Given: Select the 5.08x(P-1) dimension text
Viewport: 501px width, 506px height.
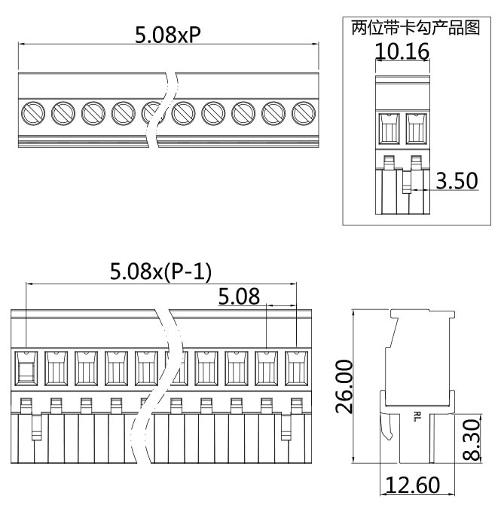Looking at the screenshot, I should click(x=160, y=271).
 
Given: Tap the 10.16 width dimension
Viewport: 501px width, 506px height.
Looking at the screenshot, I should click(x=402, y=52).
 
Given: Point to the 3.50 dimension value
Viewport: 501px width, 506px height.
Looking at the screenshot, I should click(x=456, y=181).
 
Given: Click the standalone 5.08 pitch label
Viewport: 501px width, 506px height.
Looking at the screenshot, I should click(x=239, y=296).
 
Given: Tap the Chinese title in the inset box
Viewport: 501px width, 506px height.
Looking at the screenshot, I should click(x=415, y=29).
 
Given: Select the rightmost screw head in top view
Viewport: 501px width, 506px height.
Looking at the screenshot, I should click(x=304, y=113).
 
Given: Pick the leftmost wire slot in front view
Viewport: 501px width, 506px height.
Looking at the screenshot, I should click(x=26, y=367).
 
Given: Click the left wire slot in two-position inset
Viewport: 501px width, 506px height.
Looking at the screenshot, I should click(x=389, y=128).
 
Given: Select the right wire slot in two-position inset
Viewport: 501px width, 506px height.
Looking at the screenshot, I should click(x=416, y=128).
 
